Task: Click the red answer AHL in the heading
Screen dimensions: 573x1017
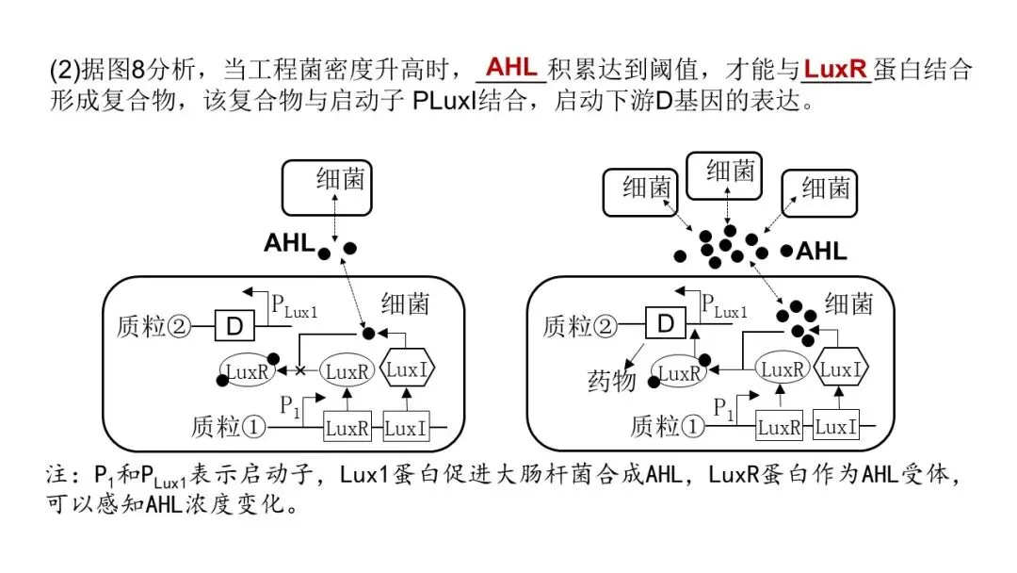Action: click(x=511, y=67)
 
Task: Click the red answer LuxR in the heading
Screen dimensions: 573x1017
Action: click(x=836, y=69)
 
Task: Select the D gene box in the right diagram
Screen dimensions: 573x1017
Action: click(x=666, y=325)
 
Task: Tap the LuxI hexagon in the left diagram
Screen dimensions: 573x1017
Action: click(x=408, y=370)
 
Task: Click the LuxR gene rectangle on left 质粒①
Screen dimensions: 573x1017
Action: click(x=347, y=429)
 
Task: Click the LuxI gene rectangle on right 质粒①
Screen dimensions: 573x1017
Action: click(x=835, y=427)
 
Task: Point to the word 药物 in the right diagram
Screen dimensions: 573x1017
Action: click(x=612, y=382)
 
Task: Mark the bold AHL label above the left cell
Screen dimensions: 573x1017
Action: click(x=288, y=242)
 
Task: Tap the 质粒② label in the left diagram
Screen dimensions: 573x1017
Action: click(x=153, y=327)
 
